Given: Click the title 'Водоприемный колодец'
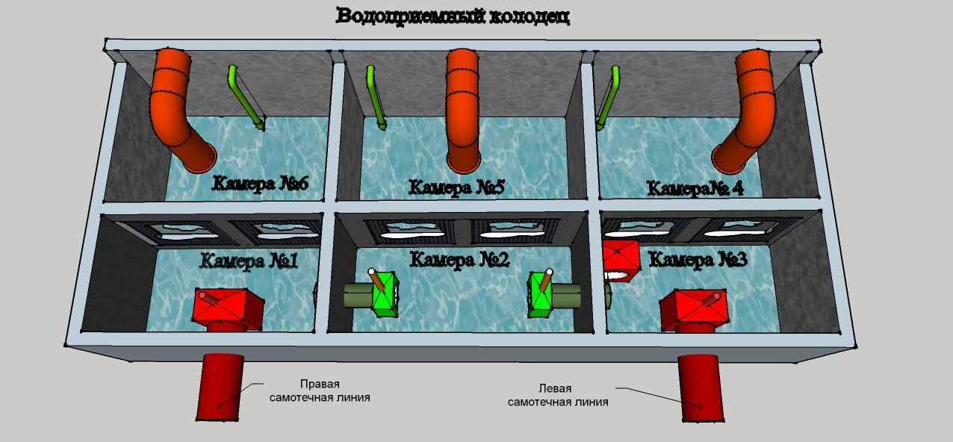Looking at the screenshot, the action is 453,16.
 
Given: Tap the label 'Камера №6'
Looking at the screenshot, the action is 260,184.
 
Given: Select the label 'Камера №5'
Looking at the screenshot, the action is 456,187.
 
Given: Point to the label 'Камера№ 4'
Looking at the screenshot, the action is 695,188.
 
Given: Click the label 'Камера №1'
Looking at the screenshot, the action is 249,261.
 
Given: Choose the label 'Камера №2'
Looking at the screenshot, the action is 459,260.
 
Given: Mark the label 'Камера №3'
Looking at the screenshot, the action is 698,259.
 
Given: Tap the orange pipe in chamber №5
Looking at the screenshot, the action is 463,110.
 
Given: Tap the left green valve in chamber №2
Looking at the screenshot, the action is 385,294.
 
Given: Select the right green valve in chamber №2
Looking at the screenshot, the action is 540,295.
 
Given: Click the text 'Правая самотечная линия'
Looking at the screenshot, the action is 320,390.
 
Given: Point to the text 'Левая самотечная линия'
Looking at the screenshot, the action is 558,395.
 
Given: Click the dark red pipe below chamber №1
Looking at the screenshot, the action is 220,387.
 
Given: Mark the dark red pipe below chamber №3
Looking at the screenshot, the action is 701,388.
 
